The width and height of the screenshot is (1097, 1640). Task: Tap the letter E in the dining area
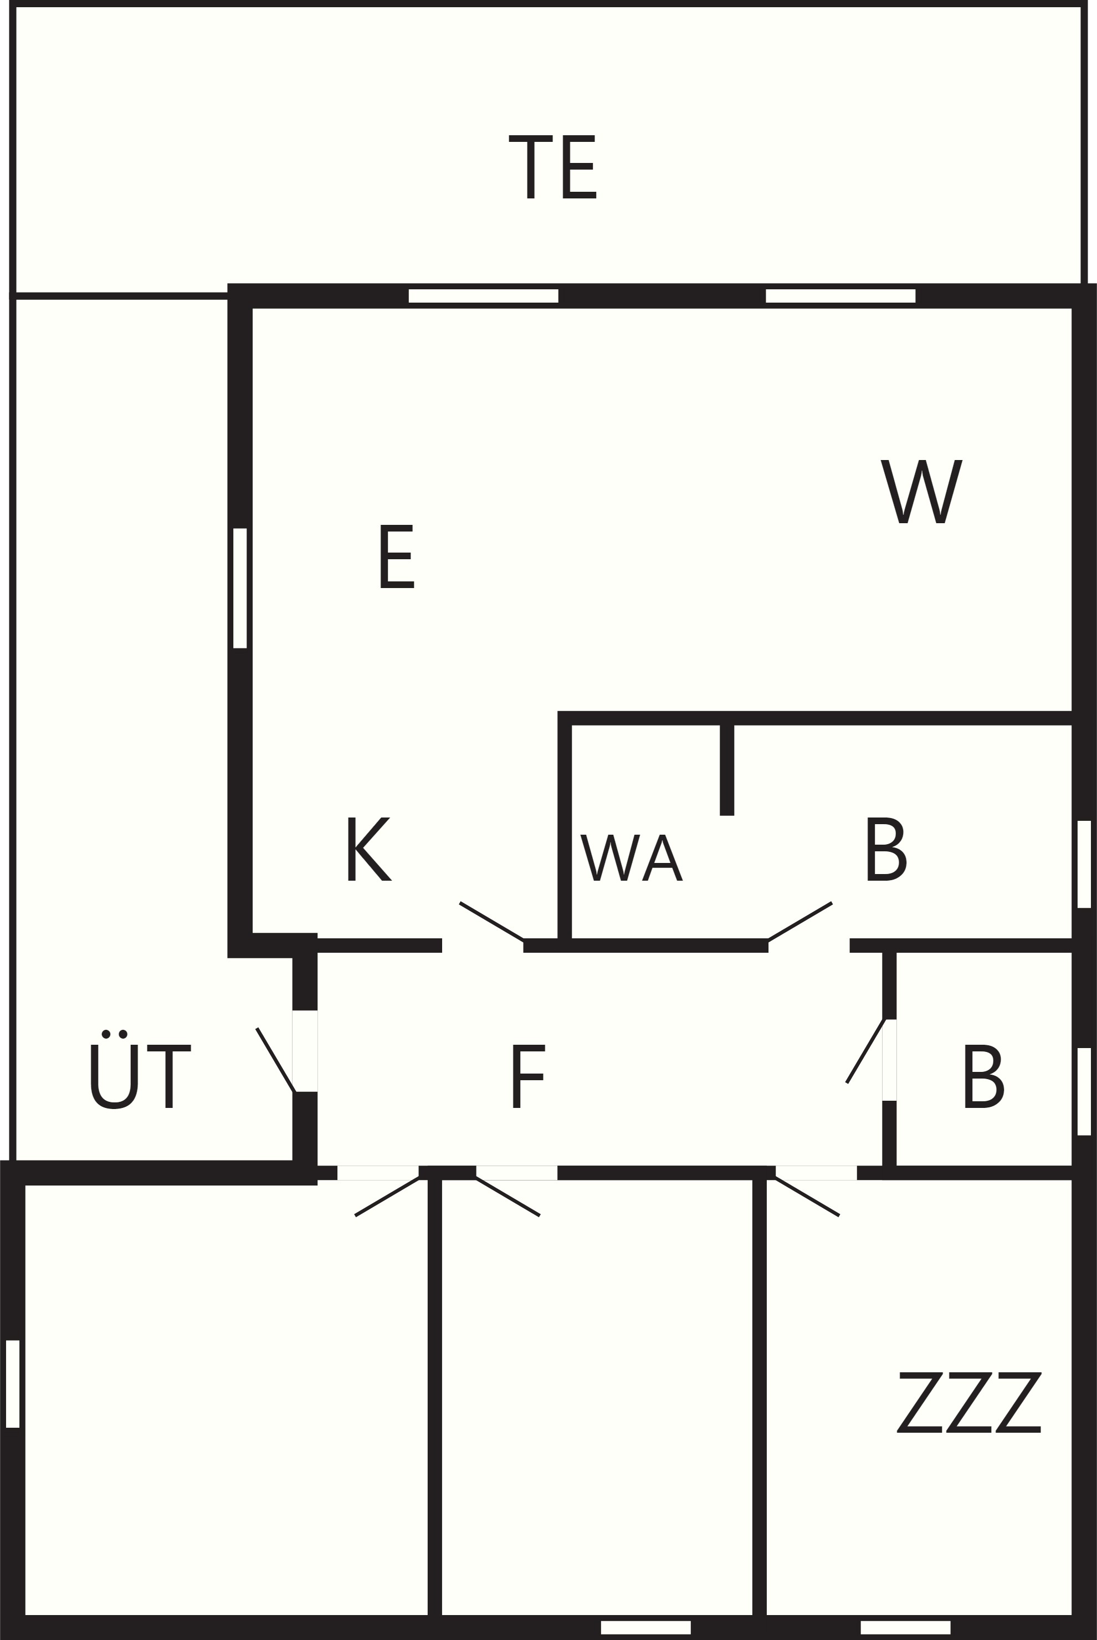click(x=397, y=557)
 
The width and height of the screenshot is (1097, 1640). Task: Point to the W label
click(x=921, y=491)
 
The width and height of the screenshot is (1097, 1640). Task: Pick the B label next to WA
click(x=887, y=849)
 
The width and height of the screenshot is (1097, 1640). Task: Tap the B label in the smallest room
click(x=985, y=1076)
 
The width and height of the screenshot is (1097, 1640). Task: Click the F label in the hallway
click(x=528, y=1076)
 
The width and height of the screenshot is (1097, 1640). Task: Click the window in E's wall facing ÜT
click(x=240, y=589)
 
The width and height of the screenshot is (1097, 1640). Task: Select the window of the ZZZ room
click(x=905, y=1627)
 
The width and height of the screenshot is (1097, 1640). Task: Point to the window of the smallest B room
click(x=1084, y=1091)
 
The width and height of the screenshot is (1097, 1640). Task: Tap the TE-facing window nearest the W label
click(x=840, y=296)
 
